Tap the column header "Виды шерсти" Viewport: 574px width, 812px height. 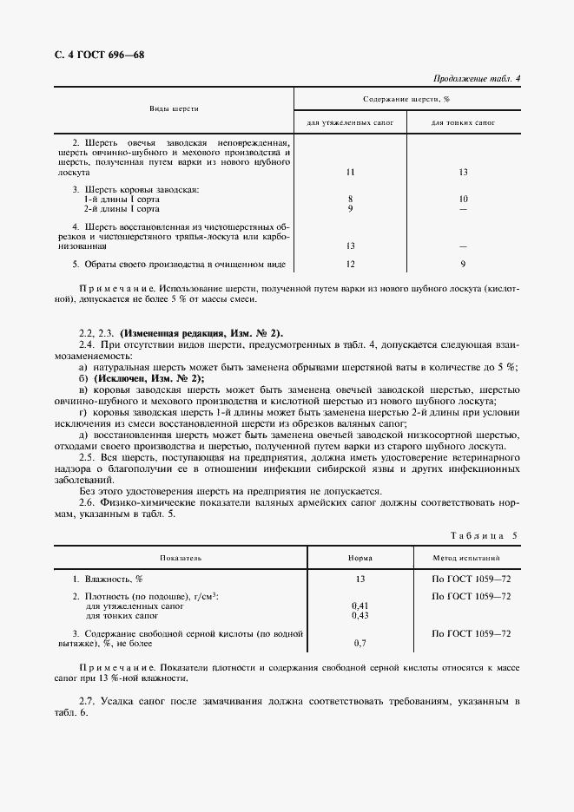click(174, 109)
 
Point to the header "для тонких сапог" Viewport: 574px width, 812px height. click(463, 123)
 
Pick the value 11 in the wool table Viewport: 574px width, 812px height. click(350, 173)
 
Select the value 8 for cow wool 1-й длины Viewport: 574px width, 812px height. click(350, 200)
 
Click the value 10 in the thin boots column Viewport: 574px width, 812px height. click(463, 200)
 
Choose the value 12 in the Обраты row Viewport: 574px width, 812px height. click(350, 263)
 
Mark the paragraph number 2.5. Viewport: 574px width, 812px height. click(87, 455)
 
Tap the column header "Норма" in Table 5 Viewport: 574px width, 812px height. click(360, 559)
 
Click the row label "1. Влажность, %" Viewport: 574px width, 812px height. click(108, 578)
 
